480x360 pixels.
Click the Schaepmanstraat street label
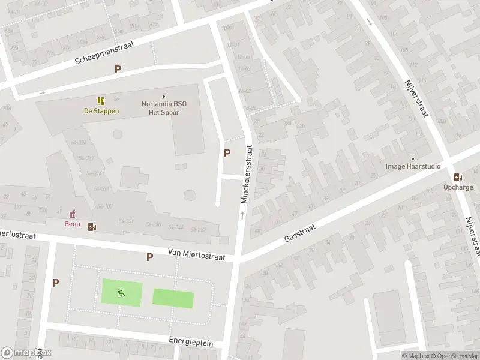click(104, 52)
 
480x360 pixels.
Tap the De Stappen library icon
click(101, 101)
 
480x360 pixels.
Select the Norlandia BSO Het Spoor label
click(164, 107)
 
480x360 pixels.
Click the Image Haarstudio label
click(413, 166)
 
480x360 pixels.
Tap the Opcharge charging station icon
click(458, 177)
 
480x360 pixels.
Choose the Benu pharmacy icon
click(73, 214)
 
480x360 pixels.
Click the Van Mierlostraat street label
click(196, 256)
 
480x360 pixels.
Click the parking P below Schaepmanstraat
click(118, 69)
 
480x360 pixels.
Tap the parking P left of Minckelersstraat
click(227, 153)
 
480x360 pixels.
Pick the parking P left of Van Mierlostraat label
click(149, 257)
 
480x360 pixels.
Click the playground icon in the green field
click(121, 293)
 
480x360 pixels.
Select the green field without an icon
click(173, 298)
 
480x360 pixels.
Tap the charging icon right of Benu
click(92, 227)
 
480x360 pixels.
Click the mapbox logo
click(26, 353)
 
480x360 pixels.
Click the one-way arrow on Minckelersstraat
click(242, 214)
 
